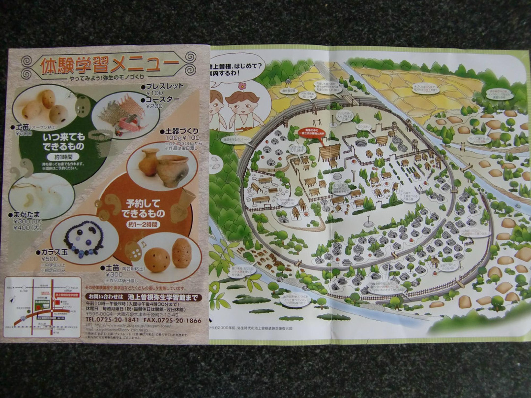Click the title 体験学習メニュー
coord(110,64)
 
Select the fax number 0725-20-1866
coord(179,320)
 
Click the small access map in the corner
coord(42,307)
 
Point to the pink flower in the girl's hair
coord(241,86)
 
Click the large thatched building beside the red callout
coord(329,153)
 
